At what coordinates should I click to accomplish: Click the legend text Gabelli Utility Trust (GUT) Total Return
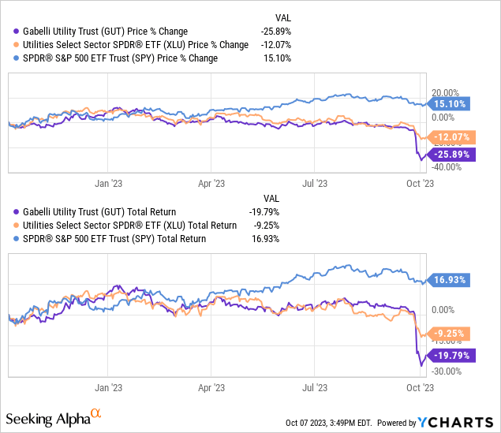coord(100,211)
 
